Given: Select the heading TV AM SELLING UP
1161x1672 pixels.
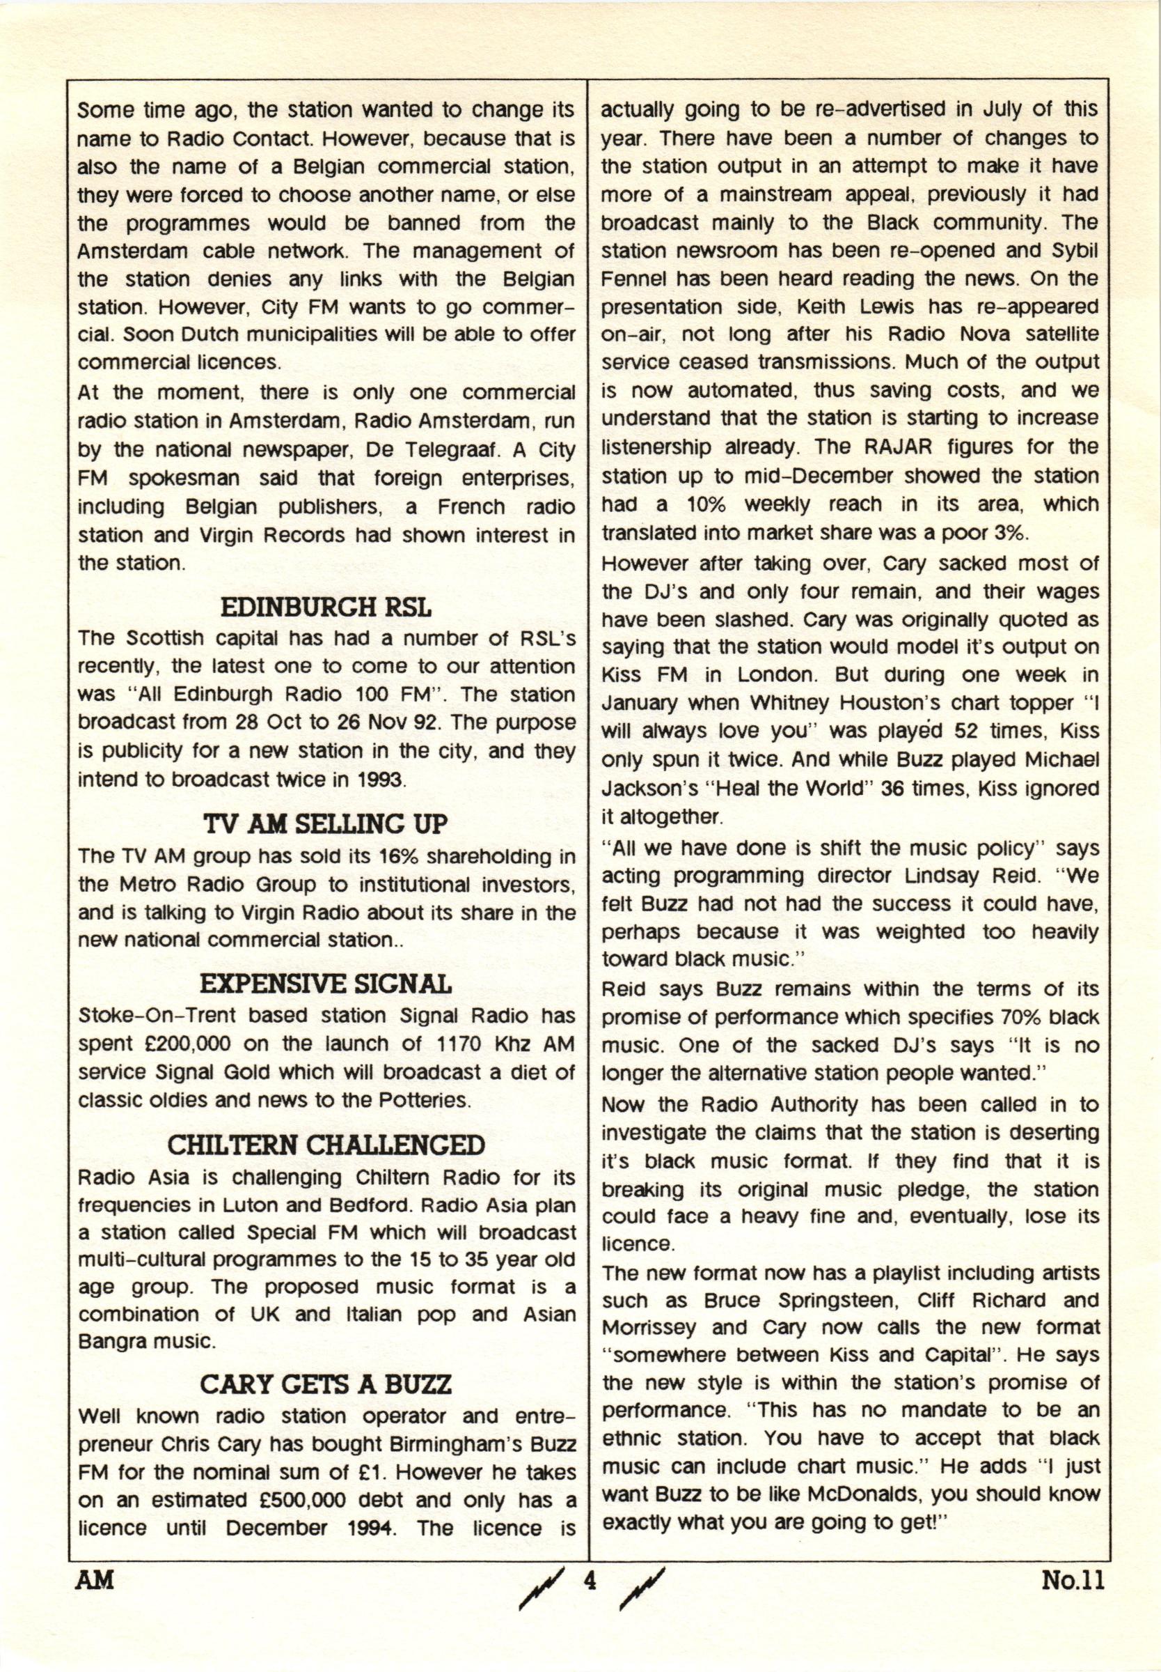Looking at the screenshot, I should click(325, 825).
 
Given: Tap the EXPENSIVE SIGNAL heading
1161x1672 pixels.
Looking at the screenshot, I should click(325, 985).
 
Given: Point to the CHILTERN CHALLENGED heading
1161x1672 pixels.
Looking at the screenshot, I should click(325, 1145).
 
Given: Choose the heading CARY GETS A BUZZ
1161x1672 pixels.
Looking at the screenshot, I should click(325, 1384).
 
